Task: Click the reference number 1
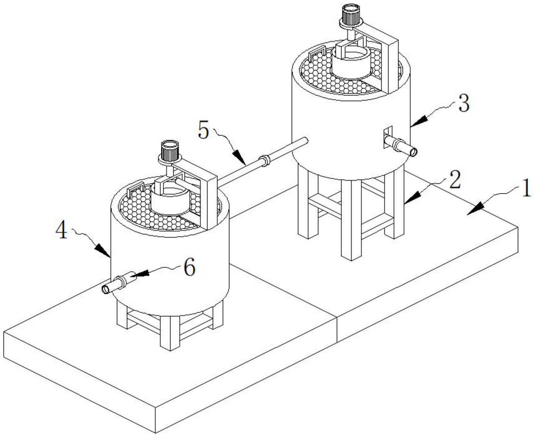coord(526,188)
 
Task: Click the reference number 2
coord(455,180)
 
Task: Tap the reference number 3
coord(464,104)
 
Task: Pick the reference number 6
coord(189,267)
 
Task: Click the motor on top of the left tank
coord(170,151)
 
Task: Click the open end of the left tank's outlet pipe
coord(105,290)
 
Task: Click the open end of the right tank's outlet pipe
coord(413,152)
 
